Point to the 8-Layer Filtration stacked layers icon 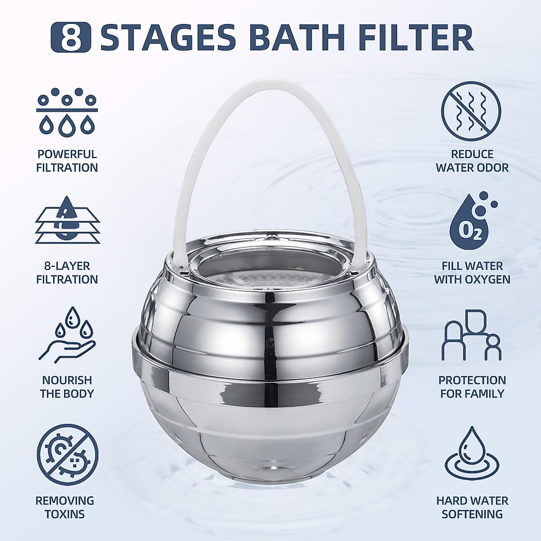[x=67, y=220]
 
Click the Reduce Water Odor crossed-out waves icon [x=471, y=110]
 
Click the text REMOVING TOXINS [x=65, y=507]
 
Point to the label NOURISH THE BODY [x=67, y=387]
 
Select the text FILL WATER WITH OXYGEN [x=472, y=273]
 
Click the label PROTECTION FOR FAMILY [x=472, y=387]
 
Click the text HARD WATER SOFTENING [x=472, y=507]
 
